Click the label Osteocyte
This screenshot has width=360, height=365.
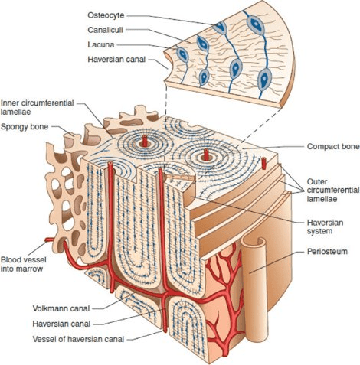[106, 15]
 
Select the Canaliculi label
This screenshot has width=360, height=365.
[105, 30]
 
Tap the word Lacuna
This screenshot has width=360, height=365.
[101, 44]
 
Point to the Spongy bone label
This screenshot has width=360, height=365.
[25, 127]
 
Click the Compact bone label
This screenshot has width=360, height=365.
[333, 146]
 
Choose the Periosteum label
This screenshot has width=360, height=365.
[327, 251]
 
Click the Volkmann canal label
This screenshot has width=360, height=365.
[61, 308]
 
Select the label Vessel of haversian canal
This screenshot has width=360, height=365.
[78, 339]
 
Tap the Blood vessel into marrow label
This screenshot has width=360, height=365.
[24, 264]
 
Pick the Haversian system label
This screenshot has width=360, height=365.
[325, 226]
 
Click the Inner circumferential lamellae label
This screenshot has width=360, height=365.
[38, 107]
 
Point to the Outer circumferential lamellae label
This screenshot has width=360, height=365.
[333, 190]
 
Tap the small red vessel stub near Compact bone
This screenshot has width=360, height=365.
[263, 163]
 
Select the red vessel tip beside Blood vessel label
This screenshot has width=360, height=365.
[49, 240]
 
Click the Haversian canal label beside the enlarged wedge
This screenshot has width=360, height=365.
[116, 60]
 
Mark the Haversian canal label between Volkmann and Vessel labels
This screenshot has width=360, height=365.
[61, 324]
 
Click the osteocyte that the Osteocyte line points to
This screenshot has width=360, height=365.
[220, 28]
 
